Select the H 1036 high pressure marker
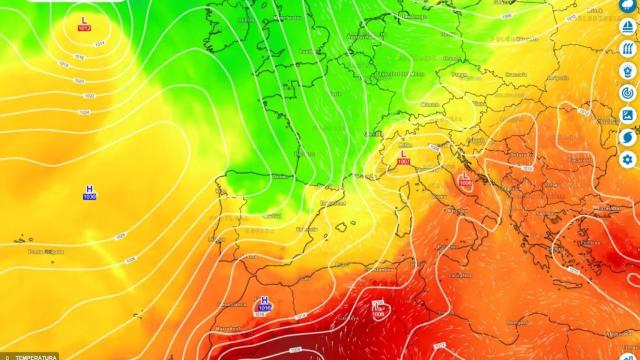tap(90, 192)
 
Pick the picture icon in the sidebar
tap(628, 115)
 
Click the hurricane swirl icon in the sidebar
tap(628, 137)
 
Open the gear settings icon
tap(628, 159)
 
